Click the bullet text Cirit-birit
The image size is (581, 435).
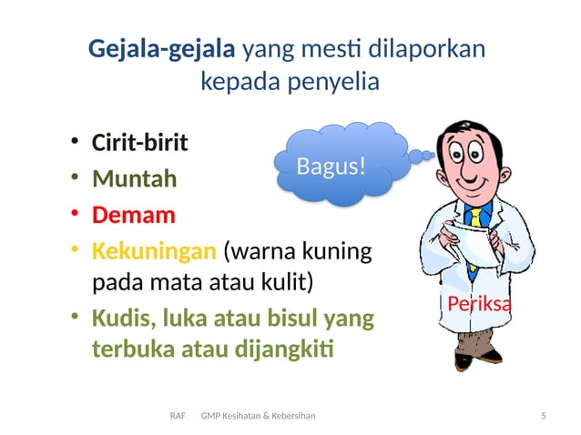140,144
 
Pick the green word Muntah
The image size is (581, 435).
135,179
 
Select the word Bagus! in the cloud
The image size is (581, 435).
331,166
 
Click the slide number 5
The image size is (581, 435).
544,416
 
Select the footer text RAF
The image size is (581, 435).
178,416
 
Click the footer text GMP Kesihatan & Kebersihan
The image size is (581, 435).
258,416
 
